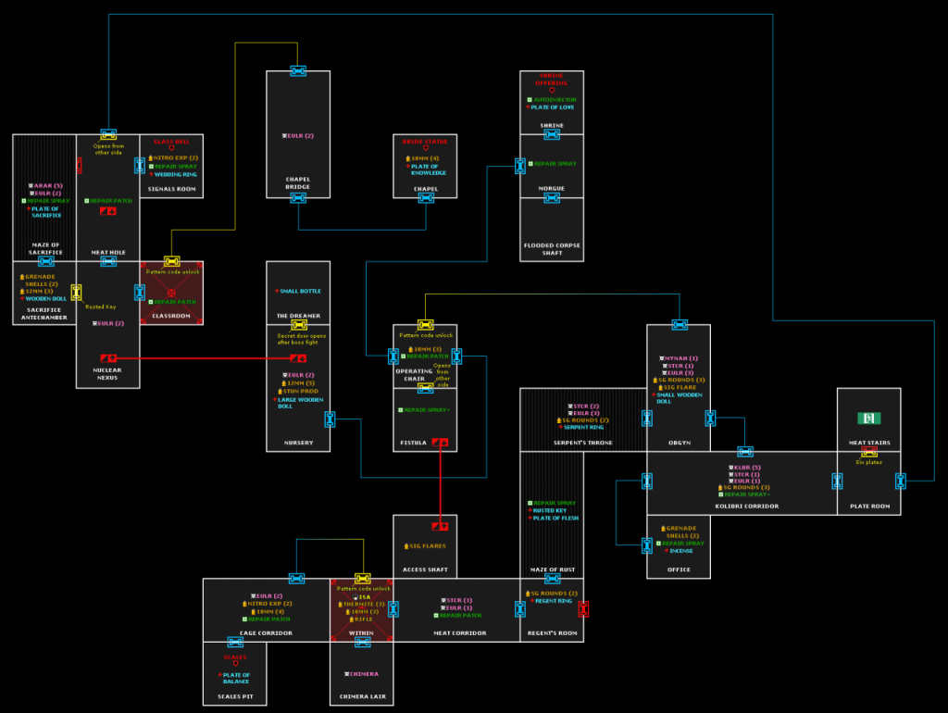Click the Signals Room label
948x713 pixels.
(x=171, y=188)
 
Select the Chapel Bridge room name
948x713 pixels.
(x=298, y=182)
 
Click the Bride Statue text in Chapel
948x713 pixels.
(x=425, y=142)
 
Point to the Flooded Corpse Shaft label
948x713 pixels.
(x=552, y=248)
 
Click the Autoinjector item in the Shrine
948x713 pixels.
(x=555, y=99)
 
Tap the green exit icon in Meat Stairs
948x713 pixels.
(x=868, y=419)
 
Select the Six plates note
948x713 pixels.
(x=868, y=462)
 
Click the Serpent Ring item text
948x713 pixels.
(x=584, y=427)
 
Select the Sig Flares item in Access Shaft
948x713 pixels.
(x=428, y=546)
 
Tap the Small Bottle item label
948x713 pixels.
(x=300, y=291)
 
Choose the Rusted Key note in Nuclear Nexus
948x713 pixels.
(x=101, y=306)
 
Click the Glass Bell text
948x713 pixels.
(x=171, y=142)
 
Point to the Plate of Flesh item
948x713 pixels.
(x=555, y=518)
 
